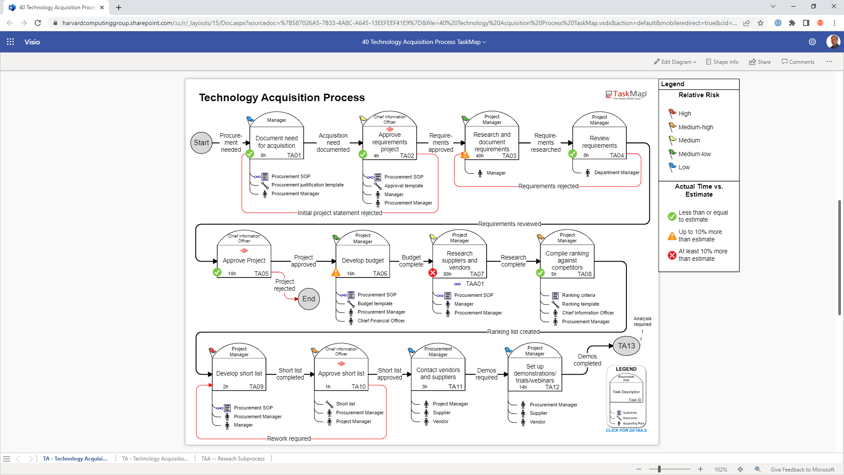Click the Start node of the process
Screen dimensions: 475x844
201,143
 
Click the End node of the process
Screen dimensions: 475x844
309,299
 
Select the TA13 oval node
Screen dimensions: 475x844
626,346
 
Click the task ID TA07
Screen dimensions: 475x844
477,274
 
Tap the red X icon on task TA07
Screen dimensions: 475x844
433,273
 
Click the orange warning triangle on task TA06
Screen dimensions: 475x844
336,273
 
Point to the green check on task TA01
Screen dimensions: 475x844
250,154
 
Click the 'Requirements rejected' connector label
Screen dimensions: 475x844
548,186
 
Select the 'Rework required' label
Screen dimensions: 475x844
289,439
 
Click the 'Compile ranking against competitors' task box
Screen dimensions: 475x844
567,260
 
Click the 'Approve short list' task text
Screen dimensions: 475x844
341,374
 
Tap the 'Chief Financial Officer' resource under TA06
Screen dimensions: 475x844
381,321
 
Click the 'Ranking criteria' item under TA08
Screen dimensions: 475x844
578,296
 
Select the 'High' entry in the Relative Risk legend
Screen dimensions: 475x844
684,113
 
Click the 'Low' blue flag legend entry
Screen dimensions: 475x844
684,168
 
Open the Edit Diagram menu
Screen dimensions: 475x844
675,62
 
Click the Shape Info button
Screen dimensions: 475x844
722,62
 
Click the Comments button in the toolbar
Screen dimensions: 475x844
798,62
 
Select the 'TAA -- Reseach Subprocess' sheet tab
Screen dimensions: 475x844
233,459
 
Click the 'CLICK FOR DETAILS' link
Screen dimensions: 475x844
626,431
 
